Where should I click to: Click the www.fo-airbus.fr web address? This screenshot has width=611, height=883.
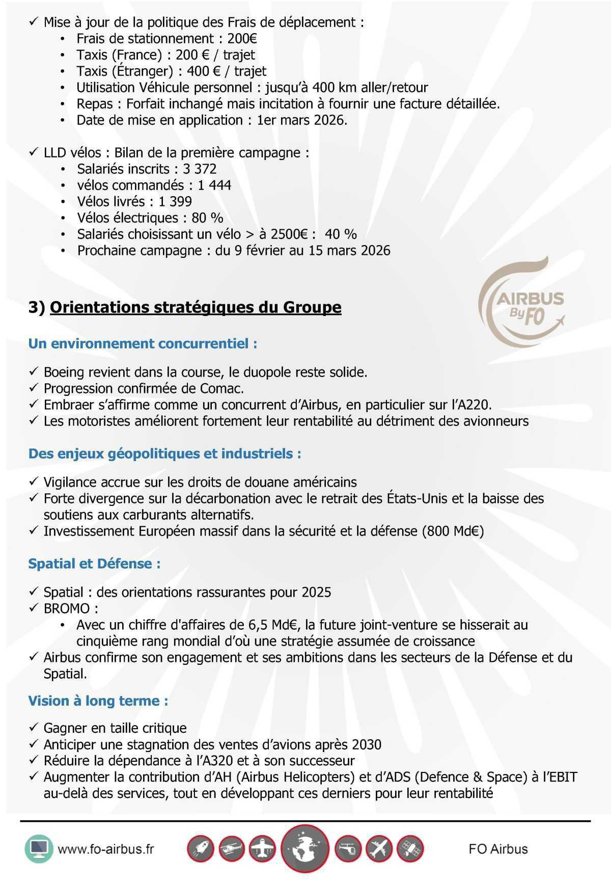106,849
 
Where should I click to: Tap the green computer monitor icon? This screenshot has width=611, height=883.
39,849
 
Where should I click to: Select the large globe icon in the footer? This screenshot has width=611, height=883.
305,849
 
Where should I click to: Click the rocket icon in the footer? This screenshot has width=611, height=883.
200,849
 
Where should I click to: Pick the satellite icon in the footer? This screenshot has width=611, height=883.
410,849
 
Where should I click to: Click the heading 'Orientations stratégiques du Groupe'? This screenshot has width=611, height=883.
196,307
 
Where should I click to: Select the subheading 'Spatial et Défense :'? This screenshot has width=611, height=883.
94,564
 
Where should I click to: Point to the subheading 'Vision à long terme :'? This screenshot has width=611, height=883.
98,701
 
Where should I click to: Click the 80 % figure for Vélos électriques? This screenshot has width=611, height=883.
207,218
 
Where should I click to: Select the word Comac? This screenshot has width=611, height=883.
224,388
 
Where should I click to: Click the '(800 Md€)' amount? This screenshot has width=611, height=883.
453,531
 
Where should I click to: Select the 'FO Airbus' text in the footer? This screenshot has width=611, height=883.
498,849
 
